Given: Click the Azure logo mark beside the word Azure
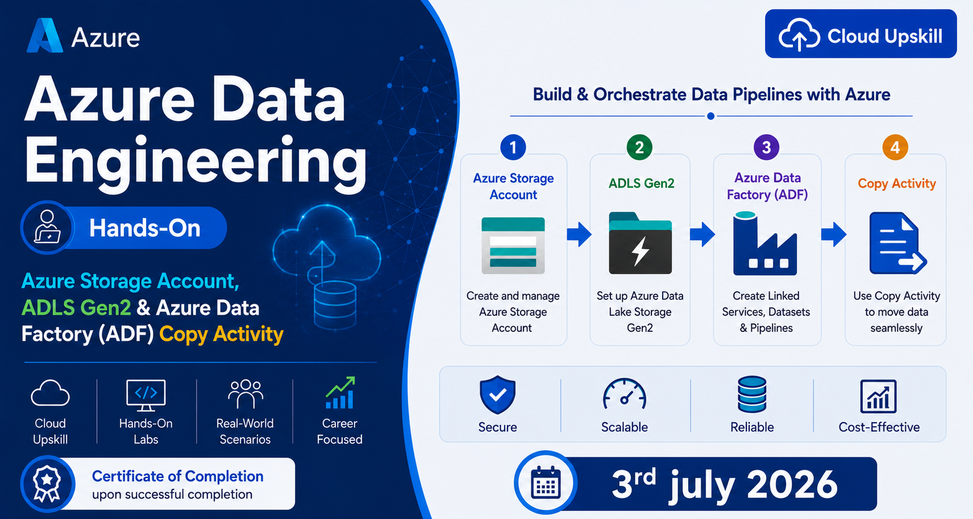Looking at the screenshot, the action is coord(44,36).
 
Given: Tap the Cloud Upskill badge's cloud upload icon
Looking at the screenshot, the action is coord(799,35).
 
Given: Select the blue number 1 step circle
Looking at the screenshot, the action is coord(513,147).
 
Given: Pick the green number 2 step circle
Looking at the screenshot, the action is coord(639,147).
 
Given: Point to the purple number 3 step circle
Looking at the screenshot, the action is coord(766,147).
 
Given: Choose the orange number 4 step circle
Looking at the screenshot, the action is coord(895,147).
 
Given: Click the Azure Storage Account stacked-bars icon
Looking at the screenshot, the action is coord(513,245).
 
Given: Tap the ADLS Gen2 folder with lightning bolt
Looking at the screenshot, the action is coord(640,243).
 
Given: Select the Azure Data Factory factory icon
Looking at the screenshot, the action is coord(765,244).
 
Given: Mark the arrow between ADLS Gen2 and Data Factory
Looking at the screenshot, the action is coord(702,234).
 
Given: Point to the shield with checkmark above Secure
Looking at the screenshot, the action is coord(497,394).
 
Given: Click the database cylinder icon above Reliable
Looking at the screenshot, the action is coord(752,394).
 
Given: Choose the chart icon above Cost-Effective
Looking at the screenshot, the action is coord(878,396).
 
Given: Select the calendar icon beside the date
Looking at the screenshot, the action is coord(546,483).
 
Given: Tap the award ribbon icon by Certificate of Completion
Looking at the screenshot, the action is coord(47,484).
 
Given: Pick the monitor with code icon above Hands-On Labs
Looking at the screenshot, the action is coord(146,395).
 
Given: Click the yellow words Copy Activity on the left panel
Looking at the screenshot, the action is coord(221,334).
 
